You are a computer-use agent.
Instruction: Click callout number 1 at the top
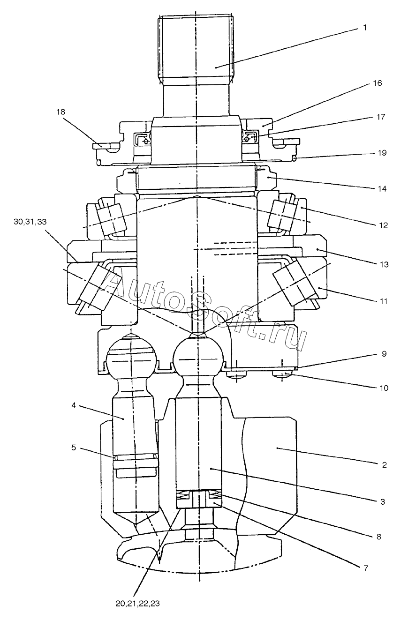[365, 28]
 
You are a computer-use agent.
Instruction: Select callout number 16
[377, 83]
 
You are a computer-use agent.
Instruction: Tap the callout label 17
[381, 117]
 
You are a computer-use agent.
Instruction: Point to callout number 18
[60, 112]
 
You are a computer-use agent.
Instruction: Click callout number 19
[382, 153]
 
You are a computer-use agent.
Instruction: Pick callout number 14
[382, 189]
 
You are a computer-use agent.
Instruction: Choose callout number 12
[383, 225]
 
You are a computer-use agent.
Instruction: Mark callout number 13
[384, 264]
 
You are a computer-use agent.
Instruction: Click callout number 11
[383, 301]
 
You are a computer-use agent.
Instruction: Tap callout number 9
[384, 354]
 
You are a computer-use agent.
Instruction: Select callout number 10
[384, 388]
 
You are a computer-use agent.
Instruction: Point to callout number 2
[384, 465]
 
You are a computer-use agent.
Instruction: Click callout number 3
[383, 501]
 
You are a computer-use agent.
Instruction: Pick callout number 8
[378, 537]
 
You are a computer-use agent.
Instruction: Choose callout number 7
[366, 568]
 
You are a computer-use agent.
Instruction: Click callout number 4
[74, 405]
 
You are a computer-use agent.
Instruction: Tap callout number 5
[74, 448]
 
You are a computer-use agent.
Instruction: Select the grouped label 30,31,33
[30, 222]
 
